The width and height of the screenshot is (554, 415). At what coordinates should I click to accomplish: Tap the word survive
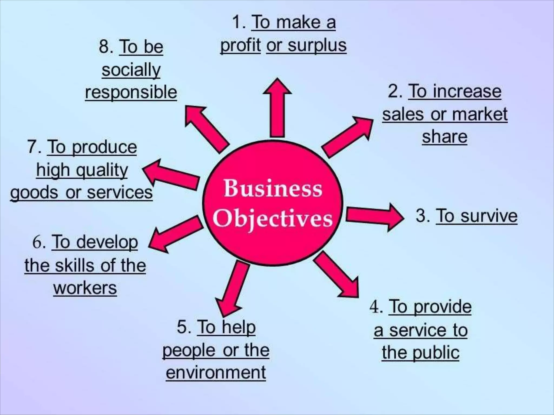489,216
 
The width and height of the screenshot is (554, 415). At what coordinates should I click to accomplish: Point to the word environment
216,373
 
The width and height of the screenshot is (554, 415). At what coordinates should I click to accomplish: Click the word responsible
131,92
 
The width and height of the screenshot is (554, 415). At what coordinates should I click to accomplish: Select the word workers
85,288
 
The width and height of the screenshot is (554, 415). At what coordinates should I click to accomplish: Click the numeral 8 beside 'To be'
104,46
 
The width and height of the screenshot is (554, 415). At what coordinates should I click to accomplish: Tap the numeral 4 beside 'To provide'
375,307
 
